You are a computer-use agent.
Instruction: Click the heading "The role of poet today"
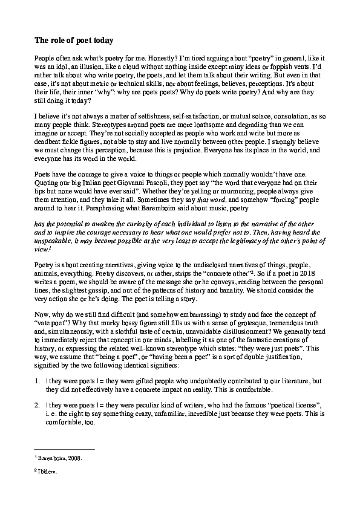(73, 41)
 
